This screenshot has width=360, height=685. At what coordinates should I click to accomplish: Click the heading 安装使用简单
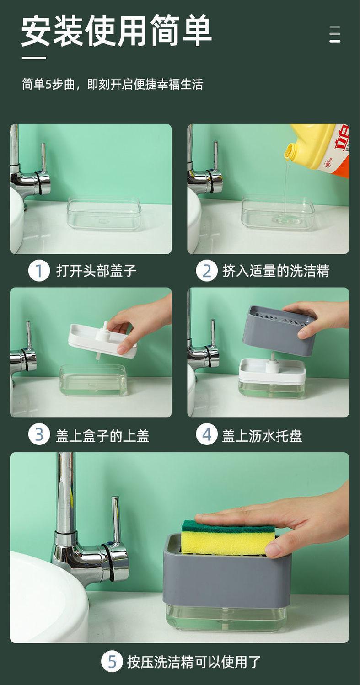(x=116, y=31)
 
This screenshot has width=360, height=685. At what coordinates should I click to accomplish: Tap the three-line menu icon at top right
(x=335, y=34)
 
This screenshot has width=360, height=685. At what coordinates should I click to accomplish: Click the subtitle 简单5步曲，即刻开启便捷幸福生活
(x=113, y=84)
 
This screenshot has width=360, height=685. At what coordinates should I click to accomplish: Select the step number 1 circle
(x=39, y=271)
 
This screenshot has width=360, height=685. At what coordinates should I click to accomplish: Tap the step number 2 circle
(x=207, y=271)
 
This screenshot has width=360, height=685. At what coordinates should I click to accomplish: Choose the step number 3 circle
(x=39, y=435)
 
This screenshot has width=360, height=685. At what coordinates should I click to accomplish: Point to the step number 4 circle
(x=207, y=435)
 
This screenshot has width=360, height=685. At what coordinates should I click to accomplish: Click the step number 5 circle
(x=112, y=662)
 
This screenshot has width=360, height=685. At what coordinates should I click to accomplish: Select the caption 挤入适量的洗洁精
(x=276, y=271)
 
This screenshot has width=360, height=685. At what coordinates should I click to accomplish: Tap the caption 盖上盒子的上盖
(x=102, y=435)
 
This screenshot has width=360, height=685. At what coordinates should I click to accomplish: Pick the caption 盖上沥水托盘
(x=262, y=435)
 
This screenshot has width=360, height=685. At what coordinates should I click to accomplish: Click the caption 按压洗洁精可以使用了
(x=194, y=662)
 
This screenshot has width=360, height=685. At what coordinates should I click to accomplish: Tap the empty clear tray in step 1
(x=104, y=213)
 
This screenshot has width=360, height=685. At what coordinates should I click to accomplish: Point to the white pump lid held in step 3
(x=102, y=340)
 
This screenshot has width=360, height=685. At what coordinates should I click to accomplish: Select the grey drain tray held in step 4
(x=277, y=330)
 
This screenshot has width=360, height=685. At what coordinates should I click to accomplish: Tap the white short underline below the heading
(x=34, y=58)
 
